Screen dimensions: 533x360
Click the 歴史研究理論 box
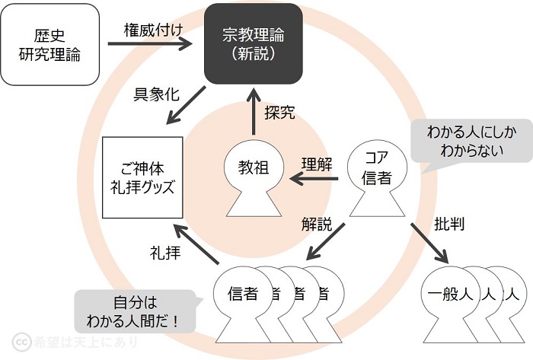coord(50,44)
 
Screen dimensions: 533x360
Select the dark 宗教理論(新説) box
coord(254,43)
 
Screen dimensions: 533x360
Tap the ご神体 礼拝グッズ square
coord(142,177)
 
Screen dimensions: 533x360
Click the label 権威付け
coord(153,30)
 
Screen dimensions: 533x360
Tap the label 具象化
coord(156,94)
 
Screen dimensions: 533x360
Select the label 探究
coord(279,113)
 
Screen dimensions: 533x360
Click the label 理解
coord(317,164)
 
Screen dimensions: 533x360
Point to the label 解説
coord(317,225)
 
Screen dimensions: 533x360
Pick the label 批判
coord(449,224)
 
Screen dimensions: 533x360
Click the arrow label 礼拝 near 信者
coord(165,253)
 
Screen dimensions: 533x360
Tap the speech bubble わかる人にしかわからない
coord(471,142)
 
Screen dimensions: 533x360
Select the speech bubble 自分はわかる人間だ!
coord(136,312)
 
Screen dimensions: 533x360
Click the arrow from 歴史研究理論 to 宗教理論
coord(150,44)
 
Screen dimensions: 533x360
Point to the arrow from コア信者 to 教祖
coord(314,179)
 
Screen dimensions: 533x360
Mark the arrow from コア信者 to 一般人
coord(430,243)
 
